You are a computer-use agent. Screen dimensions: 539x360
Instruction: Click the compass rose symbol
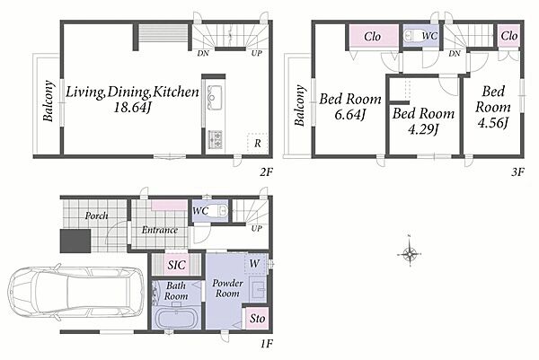(410, 254)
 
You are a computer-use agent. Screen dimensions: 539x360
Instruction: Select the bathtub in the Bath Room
(177, 318)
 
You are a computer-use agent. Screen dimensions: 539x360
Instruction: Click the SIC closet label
(176, 265)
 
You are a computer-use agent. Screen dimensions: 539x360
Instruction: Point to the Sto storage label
(257, 319)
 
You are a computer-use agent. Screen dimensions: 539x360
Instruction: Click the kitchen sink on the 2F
(215, 97)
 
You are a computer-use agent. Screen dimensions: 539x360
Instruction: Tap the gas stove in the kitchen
(216, 139)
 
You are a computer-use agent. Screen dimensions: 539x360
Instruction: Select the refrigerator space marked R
(257, 143)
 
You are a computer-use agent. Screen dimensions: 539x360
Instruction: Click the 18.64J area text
(132, 108)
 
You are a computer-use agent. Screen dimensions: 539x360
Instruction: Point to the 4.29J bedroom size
(423, 129)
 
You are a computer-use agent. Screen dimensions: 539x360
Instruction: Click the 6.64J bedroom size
(350, 114)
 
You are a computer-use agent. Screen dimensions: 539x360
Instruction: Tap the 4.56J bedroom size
(493, 123)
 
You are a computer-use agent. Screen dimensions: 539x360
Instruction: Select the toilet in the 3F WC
(411, 36)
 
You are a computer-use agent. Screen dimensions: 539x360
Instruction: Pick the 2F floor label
(266, 171)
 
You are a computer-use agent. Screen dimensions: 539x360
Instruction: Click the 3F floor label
(517, 171)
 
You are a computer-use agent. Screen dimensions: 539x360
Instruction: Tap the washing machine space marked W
(256, 264)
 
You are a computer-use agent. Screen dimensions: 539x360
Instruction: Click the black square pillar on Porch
(75, 241)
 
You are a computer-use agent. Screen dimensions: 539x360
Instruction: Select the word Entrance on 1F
(160, 230)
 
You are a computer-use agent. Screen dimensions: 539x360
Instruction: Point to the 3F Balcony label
(300, 106)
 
